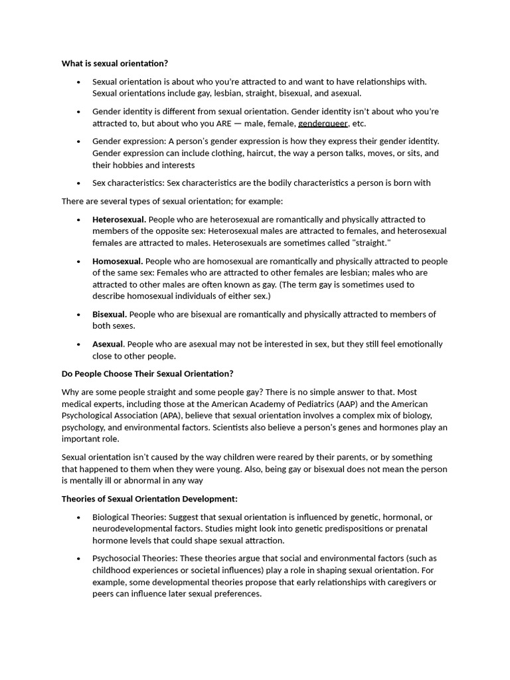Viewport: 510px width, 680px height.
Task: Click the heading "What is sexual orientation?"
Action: tap(115, 64)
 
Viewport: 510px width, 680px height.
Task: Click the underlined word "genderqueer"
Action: tap(323, 124)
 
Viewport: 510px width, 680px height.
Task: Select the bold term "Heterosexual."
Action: tap(120, 219)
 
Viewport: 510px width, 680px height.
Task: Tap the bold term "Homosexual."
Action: tap(118, 261)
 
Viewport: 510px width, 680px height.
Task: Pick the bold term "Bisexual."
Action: tap(110, 314)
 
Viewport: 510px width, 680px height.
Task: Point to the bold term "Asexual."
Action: tap(108, 344)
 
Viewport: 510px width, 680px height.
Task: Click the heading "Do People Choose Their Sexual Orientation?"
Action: tap(147, 374)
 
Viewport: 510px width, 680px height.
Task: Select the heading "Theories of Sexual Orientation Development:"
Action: tap(149, 499)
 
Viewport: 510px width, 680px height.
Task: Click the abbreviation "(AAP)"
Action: tap(355, 404)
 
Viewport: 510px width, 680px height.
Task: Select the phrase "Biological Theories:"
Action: tap(129, 517)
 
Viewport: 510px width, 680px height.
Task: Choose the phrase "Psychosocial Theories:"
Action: tap(135, 558)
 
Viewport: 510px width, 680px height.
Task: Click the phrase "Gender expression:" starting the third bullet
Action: tap(129, 141)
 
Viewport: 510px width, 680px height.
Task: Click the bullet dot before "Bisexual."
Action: tap(78, 315)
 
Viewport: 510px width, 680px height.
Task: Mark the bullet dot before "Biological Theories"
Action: tap(78, 517)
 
